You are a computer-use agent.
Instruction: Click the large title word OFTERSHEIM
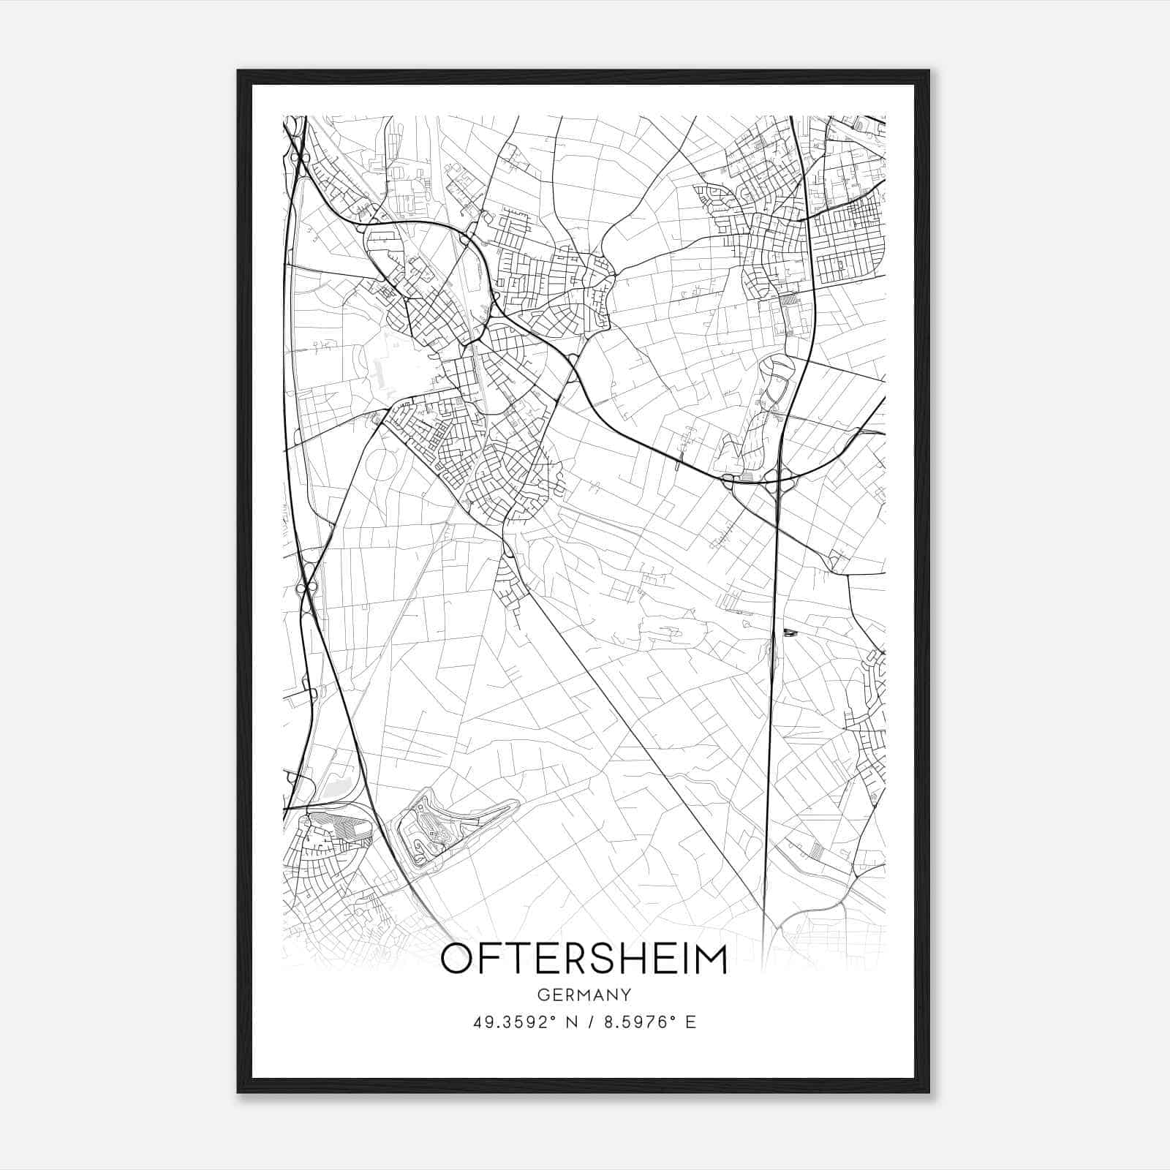pyautogui.click(x=584, y=959)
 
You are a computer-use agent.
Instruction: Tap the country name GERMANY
pyautogui.click(x=584, y=994)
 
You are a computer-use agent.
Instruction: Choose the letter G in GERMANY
pyautogui.click(x=543, y=994)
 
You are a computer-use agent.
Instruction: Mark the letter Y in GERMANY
pyautogui.click(x=626, y=994)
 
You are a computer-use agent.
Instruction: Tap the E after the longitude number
pyautogui.click(x=690, y=1022)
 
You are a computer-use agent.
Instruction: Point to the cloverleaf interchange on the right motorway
pyautogui.click(x=753, y=479)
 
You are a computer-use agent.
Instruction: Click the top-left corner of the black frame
pyautogui.click(x=238, y=72)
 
